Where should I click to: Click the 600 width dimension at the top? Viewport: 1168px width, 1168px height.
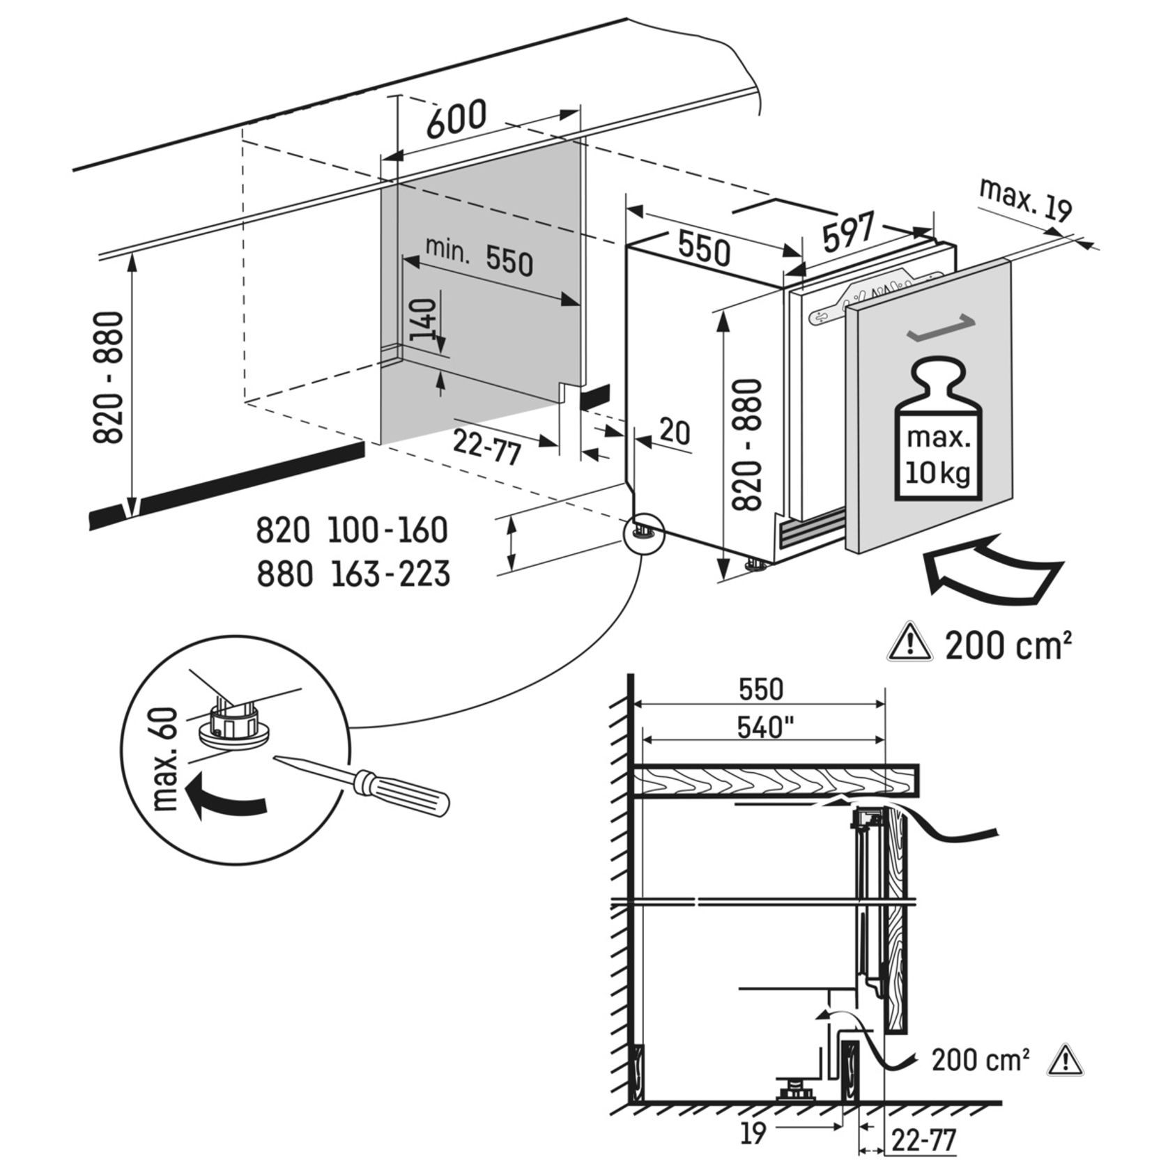[456, 119]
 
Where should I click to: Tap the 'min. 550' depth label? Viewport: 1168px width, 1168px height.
[479, 256]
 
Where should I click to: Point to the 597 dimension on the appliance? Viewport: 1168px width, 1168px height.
[847, 231]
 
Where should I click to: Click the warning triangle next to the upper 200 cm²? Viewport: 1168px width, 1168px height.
[909, 643]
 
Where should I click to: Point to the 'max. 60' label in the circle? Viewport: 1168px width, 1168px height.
[167, 760]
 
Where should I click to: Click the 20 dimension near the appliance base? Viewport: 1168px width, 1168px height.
[674, 432]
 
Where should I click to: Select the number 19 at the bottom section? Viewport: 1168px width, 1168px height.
[753, 1134]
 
